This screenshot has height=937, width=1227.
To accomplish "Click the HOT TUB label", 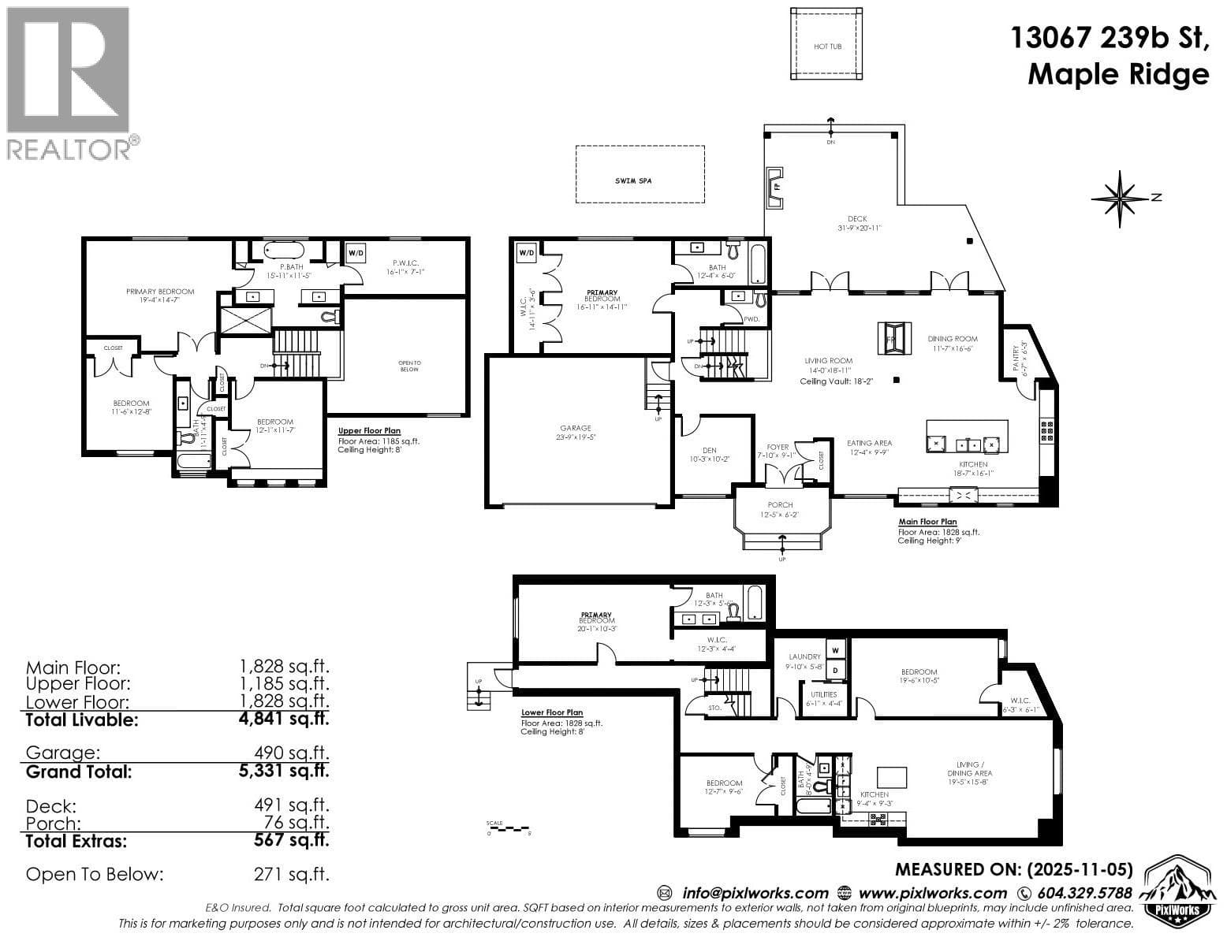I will pyautogui.click(x=827, y=46).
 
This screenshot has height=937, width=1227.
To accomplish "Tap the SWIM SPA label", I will pyautogui.click(x=634, y=181).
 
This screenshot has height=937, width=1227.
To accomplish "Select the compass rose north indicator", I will pyautogui.click(x=1120, y=198).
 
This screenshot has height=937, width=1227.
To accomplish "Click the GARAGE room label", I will pyautogui.click(x=576, y=429).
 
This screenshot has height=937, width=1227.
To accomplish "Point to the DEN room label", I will pyautogui.click(x=709, y=451).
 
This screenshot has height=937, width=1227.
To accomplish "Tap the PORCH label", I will pyautogui.click(x=780, y=505).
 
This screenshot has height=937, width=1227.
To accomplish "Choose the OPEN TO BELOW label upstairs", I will pyautogui.click(x=409, y=366).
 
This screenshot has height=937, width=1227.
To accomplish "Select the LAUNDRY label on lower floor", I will pyautogui.click(x=804, y=656).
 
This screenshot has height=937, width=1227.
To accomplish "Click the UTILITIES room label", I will pyautogui.click(x=823, y=694).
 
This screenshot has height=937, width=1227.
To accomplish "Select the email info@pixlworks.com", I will pyautogui.click(x=755, y=893).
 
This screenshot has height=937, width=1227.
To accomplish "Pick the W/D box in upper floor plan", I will pyautogui.click(x=356, y=253).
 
